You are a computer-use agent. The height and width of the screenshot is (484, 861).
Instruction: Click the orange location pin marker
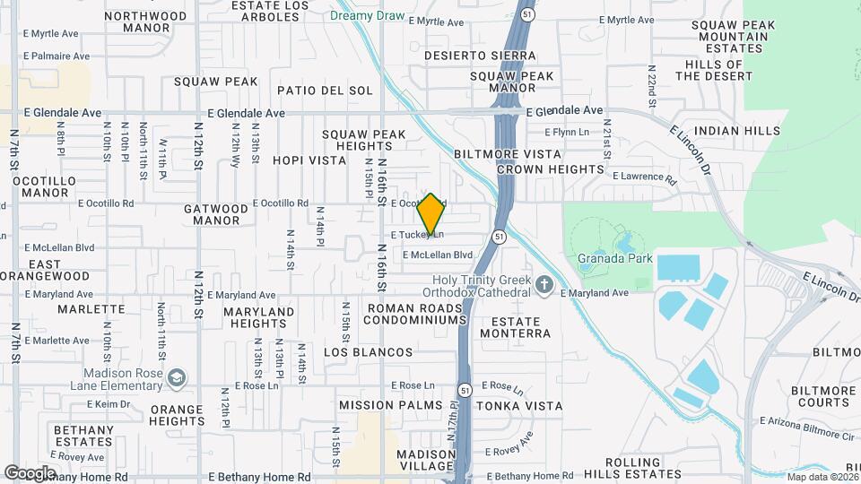pos(431,213)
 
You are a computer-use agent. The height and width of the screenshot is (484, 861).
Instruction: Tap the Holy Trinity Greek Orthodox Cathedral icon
pos(544,286)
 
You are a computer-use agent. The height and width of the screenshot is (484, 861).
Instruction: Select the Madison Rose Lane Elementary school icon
pos(177,376)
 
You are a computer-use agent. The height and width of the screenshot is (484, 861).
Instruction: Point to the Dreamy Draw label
pos(367,16)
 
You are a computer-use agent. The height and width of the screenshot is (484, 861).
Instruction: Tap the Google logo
pos(30,473)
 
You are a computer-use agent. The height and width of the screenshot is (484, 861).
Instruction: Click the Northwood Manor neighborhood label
pos(145,22)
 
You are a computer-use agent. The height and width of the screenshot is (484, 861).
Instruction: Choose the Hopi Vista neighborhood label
pos(309,160)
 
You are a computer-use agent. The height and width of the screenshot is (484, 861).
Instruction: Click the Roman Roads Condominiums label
pos(416,314)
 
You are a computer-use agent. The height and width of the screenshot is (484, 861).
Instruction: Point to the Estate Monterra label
pos(515,327)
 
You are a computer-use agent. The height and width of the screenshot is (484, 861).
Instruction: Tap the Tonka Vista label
pos(519,405)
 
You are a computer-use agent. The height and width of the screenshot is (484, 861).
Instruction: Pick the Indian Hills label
pos(737,131)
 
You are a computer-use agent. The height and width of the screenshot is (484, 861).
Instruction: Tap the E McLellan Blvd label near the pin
pos(438,255)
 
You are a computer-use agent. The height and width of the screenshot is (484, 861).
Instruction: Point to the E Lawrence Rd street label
pos(644,177)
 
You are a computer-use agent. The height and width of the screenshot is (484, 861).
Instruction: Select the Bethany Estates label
pos(83,436)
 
